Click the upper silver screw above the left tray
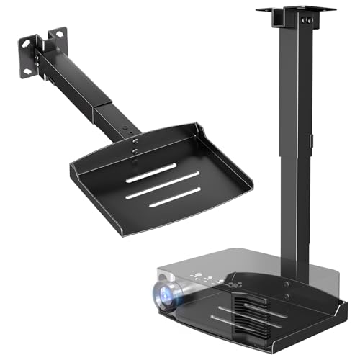click(x=135, y=143)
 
